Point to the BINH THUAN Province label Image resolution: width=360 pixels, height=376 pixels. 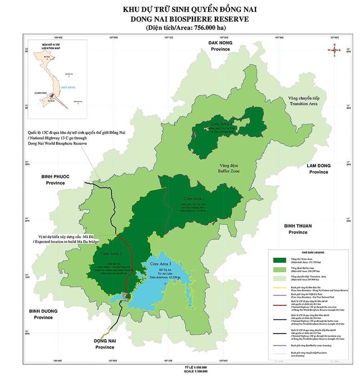295,228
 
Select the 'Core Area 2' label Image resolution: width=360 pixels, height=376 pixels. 111,254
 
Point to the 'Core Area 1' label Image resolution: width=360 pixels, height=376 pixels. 194,199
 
